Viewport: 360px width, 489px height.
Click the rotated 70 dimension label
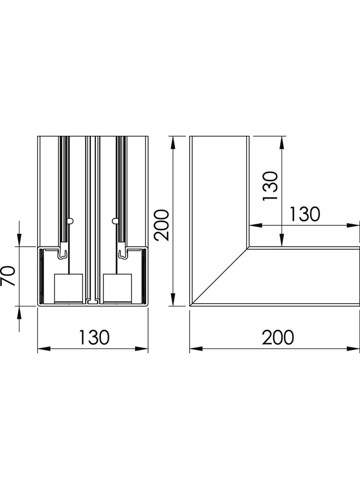click(8, 276)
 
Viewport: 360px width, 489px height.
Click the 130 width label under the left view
click(94, 337)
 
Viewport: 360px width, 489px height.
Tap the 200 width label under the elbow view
click(278, 337)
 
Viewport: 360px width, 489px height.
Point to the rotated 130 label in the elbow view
click(270, 186)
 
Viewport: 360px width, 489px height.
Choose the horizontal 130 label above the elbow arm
click(304, 214)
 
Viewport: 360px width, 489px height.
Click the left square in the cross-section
click(69, 289)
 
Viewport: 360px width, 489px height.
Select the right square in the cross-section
click(118, 289)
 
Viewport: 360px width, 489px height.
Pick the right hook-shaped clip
click(123, 254)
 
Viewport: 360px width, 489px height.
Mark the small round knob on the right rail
click(115, 221)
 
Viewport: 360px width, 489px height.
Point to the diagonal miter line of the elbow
click(220, 276)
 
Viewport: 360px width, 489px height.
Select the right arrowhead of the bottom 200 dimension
click(353, 349)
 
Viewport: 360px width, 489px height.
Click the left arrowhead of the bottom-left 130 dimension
click(44, 349)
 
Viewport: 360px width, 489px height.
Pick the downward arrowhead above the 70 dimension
click(19, 240)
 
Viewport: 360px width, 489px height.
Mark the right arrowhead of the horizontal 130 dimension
click(353, 226)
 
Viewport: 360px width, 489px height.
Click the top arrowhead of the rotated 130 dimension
click(282, 143)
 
